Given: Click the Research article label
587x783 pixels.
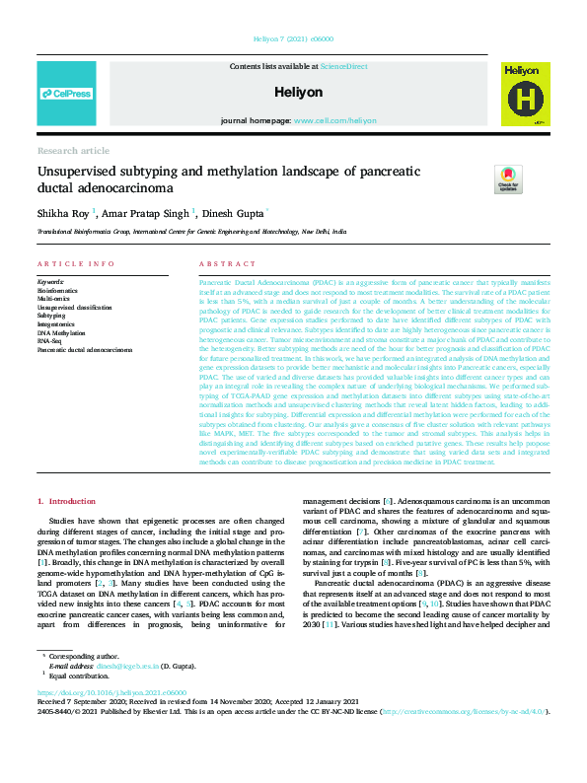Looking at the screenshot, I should [73, 150].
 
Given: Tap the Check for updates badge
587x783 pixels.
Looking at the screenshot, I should [508, 178].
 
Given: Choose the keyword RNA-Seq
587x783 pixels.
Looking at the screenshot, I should [52, 341].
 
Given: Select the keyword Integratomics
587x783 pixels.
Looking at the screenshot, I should [58, 324].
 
